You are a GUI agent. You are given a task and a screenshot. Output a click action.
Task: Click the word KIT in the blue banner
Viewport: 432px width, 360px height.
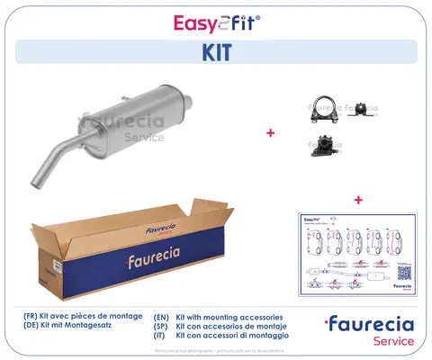(x=215, y=52)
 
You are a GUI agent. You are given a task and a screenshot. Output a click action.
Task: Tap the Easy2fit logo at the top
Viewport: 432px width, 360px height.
(x=215, y=19)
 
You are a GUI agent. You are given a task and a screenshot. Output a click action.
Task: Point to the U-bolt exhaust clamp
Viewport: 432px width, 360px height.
(x=319, y=107)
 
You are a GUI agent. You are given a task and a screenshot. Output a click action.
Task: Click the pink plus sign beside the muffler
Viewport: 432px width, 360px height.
(x=270, y=132)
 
